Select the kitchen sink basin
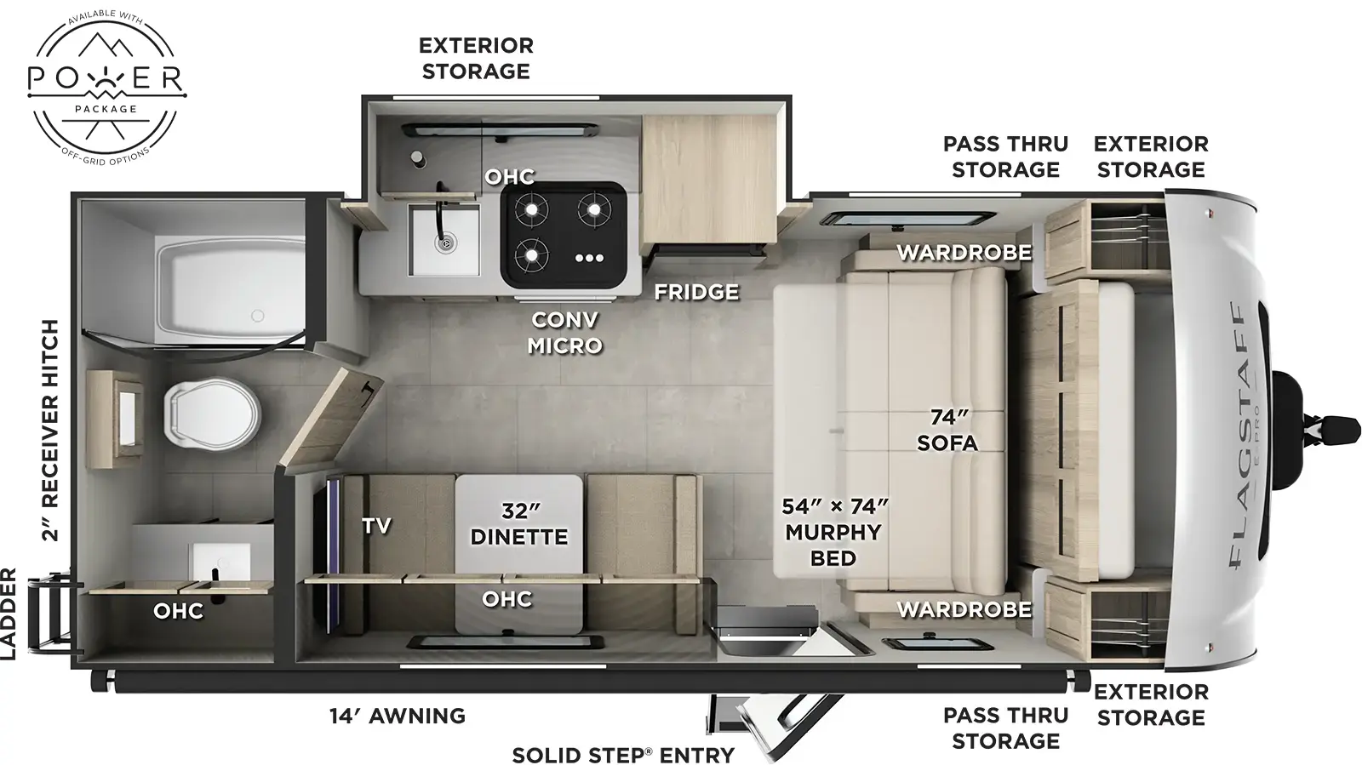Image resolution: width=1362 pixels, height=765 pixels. (x=444, y=240)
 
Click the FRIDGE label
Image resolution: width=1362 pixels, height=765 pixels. (x=695, y=292)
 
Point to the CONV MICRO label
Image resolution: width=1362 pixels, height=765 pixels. (x=564, y=333)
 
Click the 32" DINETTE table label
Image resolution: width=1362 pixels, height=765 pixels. (x=519, y=524)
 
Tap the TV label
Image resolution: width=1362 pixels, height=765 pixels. (x=376, y=526)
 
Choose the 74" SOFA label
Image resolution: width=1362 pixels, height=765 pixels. (x=947, y=431)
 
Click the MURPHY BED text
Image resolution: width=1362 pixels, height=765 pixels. (x=833, y=545)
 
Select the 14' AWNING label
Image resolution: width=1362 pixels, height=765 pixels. (x=398, y=716)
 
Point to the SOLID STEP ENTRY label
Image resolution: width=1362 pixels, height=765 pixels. (x=622, y=755)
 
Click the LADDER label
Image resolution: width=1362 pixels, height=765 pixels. (x=9, y=614)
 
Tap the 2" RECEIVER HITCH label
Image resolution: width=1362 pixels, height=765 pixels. (x=51, y=431)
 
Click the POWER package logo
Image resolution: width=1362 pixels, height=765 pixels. (x=106, y=84)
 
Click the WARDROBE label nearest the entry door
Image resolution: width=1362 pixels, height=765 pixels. (x=964, y=609)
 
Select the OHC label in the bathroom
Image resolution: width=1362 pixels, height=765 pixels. (x=179, y=611)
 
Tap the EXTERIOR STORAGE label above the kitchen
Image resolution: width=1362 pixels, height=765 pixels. (x=476, y=58)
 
